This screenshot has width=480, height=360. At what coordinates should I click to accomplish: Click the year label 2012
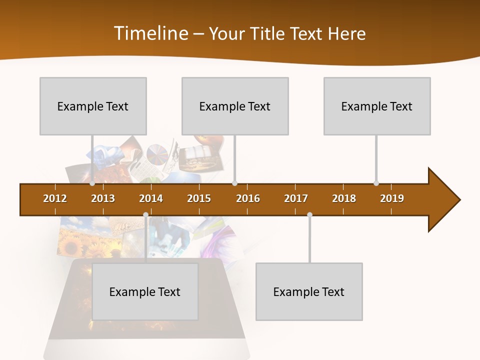tap(55, 198)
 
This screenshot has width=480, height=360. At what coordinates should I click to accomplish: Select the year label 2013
tap(103, 198)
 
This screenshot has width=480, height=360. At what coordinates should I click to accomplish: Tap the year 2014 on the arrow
tap(151, 198)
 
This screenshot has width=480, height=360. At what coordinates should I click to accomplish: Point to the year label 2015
tap(199, 198)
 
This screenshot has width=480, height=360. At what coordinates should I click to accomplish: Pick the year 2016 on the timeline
tap(248, 198)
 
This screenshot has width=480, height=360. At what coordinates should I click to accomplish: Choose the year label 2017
tap(296, 198)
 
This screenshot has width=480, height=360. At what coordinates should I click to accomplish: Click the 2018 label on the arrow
tap(344, 198)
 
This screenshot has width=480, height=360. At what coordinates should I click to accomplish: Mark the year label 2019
tap(392, 198)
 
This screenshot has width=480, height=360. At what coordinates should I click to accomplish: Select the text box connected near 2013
tap(93, 106)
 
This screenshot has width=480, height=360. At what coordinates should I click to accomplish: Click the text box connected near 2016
tap(235, 106)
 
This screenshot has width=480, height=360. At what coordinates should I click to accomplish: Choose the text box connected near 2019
tap(377, 106)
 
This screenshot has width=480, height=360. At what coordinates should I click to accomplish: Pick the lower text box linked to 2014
tap(145, 291)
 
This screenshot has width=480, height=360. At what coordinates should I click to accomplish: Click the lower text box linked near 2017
tap(309, 291)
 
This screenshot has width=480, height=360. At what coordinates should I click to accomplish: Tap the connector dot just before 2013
tap(92, 183)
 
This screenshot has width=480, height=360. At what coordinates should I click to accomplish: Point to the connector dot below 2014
tap(145, 215)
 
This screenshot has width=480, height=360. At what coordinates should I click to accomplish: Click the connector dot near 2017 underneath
tap(309, 215)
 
